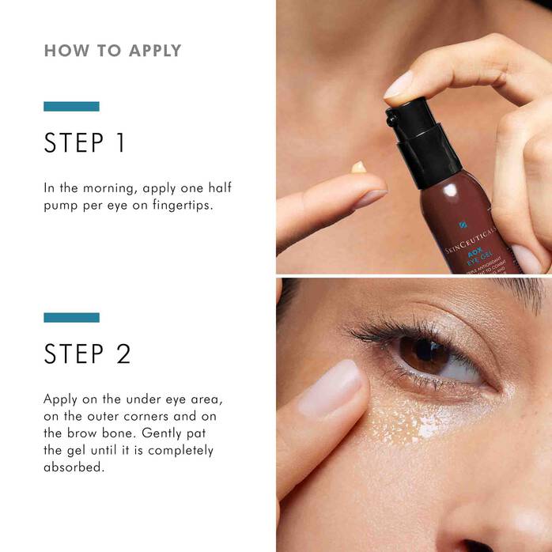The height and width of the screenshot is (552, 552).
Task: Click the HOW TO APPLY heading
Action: [x=112, y=51]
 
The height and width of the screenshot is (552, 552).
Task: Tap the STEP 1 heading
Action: [x=85, y=143]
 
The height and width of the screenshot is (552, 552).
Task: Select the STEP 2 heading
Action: [x=87, y=354]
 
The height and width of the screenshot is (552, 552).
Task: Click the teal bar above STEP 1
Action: [x=71, y=106]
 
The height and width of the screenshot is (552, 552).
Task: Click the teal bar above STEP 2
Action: [x=71, y=317]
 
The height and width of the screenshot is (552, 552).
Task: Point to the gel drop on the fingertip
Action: [x=359, y=167]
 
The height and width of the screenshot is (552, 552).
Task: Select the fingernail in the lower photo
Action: [x=330, y=388]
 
